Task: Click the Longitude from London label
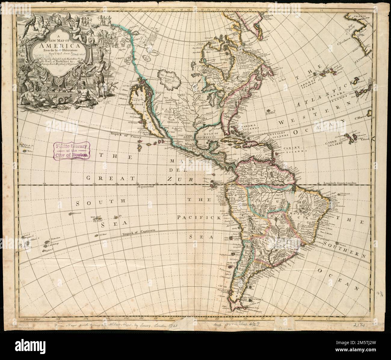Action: (340, 183)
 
